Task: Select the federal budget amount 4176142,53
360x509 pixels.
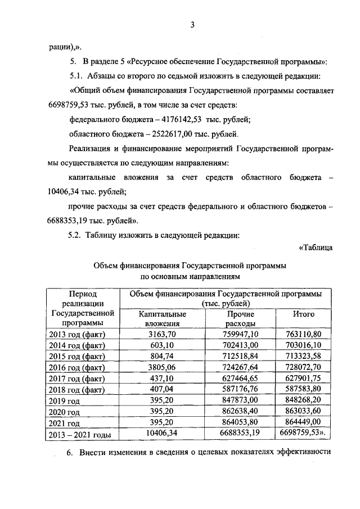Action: point(182,119)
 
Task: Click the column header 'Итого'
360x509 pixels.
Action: point(303,314)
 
